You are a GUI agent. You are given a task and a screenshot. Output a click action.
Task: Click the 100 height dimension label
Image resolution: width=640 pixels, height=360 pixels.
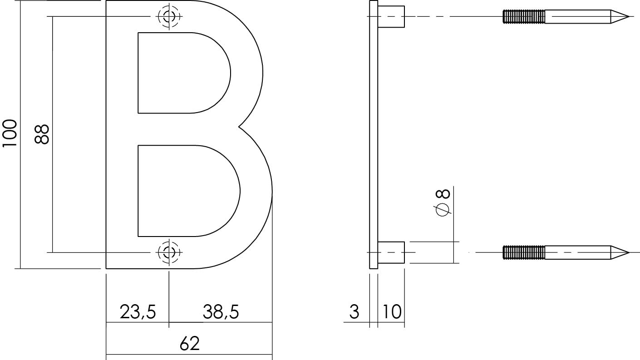tap(10, 133)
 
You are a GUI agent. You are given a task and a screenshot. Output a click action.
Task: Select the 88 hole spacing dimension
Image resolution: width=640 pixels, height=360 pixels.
tap(42, 134)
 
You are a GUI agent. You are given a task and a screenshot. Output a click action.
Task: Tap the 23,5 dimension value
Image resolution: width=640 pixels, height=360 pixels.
tap(138, 312)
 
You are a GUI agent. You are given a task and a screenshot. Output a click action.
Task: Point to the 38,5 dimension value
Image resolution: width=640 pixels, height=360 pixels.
tap(221, 312)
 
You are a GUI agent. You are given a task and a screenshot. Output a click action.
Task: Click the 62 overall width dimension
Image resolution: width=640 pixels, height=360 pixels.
tap(189, 344)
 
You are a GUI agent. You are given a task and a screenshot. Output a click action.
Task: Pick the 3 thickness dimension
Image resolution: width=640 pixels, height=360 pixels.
tap(354, 312)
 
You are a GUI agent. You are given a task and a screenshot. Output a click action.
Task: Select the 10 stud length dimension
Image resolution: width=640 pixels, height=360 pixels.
tap(391, 312)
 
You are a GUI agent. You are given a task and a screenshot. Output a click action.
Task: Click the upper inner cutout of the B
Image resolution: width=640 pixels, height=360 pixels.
tap(182, 73)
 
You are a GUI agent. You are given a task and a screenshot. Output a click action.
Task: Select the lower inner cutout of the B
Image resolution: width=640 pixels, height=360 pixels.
tap(186, 191)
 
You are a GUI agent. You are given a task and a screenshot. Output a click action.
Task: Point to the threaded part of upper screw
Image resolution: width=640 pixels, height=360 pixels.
tap(524, 17)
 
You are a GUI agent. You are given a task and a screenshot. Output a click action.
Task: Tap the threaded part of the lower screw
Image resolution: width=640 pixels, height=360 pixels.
tap(524, 252)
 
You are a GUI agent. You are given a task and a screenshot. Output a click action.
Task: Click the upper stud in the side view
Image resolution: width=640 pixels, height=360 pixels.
tap(391, 17)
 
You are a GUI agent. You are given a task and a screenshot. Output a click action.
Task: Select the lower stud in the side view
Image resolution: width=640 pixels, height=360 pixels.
tap(391, 252)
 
